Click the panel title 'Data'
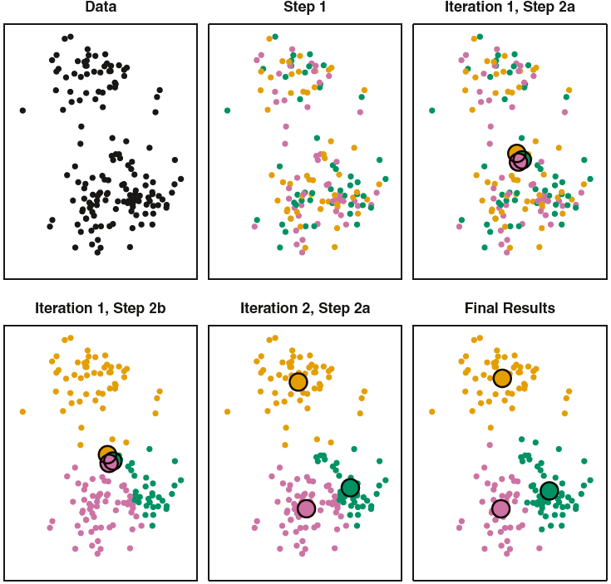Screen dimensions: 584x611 pos(101,7)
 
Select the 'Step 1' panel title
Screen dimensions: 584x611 pos(305,7)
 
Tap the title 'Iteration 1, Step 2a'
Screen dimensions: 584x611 pos(510,7)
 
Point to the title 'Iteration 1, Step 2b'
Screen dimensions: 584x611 pos(101,308)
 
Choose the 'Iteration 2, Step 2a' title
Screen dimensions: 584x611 pos(305,308)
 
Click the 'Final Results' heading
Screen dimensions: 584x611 pos(510,308)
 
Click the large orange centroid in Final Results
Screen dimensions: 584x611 pos(502,379)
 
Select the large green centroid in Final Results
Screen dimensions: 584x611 pos(549,491)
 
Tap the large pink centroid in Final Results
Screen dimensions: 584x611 pos(500,508)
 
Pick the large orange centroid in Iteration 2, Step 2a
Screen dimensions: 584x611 pos(298,382)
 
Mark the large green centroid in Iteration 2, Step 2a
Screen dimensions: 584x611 pos(350,488)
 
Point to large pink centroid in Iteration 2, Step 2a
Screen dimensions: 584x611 pos(306,508)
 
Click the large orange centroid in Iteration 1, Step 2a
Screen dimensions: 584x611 pos(516,152)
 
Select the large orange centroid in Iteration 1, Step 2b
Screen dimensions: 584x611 pos(106,454)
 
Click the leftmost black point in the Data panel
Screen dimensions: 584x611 pos(22,110)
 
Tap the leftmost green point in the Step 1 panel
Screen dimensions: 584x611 pos(227,110)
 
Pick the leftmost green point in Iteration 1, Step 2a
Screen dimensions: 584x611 pos(431,110)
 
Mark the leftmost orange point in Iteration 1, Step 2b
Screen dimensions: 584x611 pos(22,411)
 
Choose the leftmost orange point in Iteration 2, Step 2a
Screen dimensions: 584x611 pos(227,411)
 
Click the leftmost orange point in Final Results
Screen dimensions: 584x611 pos(431,411)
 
